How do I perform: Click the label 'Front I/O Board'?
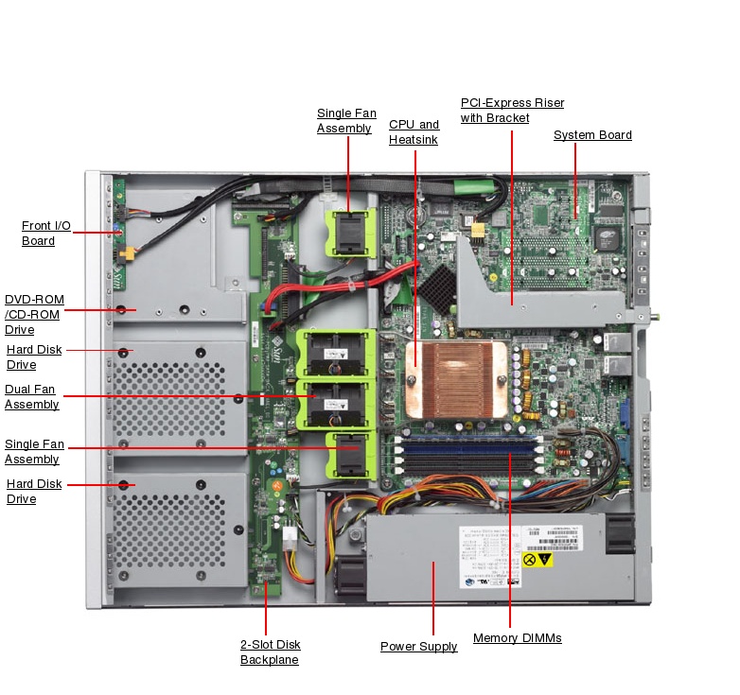click(45, 233)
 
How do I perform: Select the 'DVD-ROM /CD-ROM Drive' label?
click(34, 314)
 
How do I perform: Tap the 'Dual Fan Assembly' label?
click(31, 396)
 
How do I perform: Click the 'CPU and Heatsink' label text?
click(414, 131)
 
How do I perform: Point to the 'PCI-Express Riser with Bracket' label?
click(511, 110)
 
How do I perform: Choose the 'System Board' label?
click(592, 135)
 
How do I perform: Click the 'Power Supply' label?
click(418, 647)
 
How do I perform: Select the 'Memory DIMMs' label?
click(517, 638)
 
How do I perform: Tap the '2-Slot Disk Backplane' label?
click(270, 652)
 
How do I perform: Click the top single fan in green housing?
click(348, 233)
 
